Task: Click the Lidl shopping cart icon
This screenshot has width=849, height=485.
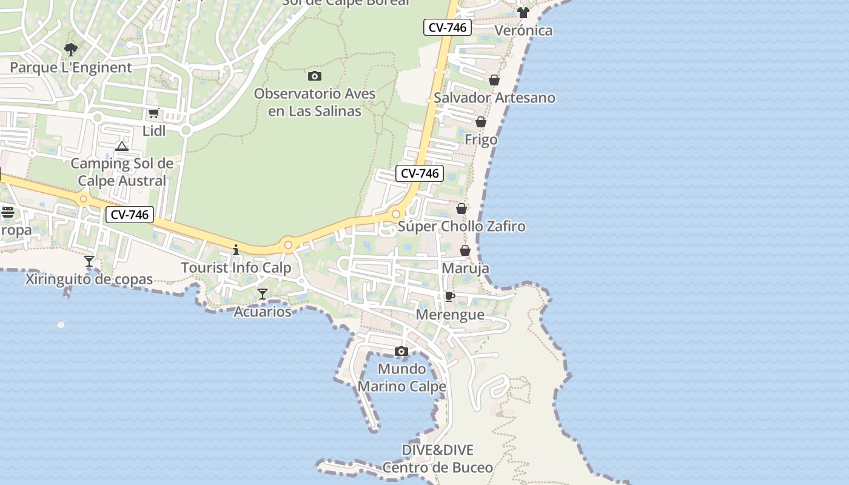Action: tap(153, 113)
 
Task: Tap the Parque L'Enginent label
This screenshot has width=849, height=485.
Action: tap(71, 67)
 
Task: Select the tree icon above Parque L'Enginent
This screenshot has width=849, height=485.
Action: tap(71, 49)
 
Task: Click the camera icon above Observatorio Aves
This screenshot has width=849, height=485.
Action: tap(314, 76)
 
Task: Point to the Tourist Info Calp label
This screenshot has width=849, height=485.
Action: tap(236, 267)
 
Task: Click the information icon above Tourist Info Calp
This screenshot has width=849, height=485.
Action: tap(236, 250)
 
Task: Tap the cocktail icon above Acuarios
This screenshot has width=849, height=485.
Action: tap(263, 294)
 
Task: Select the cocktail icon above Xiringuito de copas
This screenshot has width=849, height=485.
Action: tap(89, 261)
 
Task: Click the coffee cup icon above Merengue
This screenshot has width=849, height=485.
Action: tap(449, 296)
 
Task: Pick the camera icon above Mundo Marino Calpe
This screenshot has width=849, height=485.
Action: tap(401, 351)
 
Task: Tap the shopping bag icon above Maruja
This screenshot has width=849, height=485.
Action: tap(465, 250)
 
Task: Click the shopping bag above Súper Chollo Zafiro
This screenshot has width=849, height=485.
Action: tap(461, 209)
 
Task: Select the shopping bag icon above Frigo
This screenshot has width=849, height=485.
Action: tap(481, 122)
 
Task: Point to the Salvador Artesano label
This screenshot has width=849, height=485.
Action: tap(494, 98)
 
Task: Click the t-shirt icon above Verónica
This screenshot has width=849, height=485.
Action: tap(523, 13)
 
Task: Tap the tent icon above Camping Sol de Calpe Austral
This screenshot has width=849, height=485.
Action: tap(122, 146)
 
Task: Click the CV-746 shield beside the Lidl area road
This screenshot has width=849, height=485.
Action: tap(129, 214)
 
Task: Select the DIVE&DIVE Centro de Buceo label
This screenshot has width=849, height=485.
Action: tap(437, 459)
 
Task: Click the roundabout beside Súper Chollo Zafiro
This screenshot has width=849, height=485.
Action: tap(396, 213)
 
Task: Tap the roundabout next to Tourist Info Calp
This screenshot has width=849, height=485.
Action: tap(289, 246)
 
